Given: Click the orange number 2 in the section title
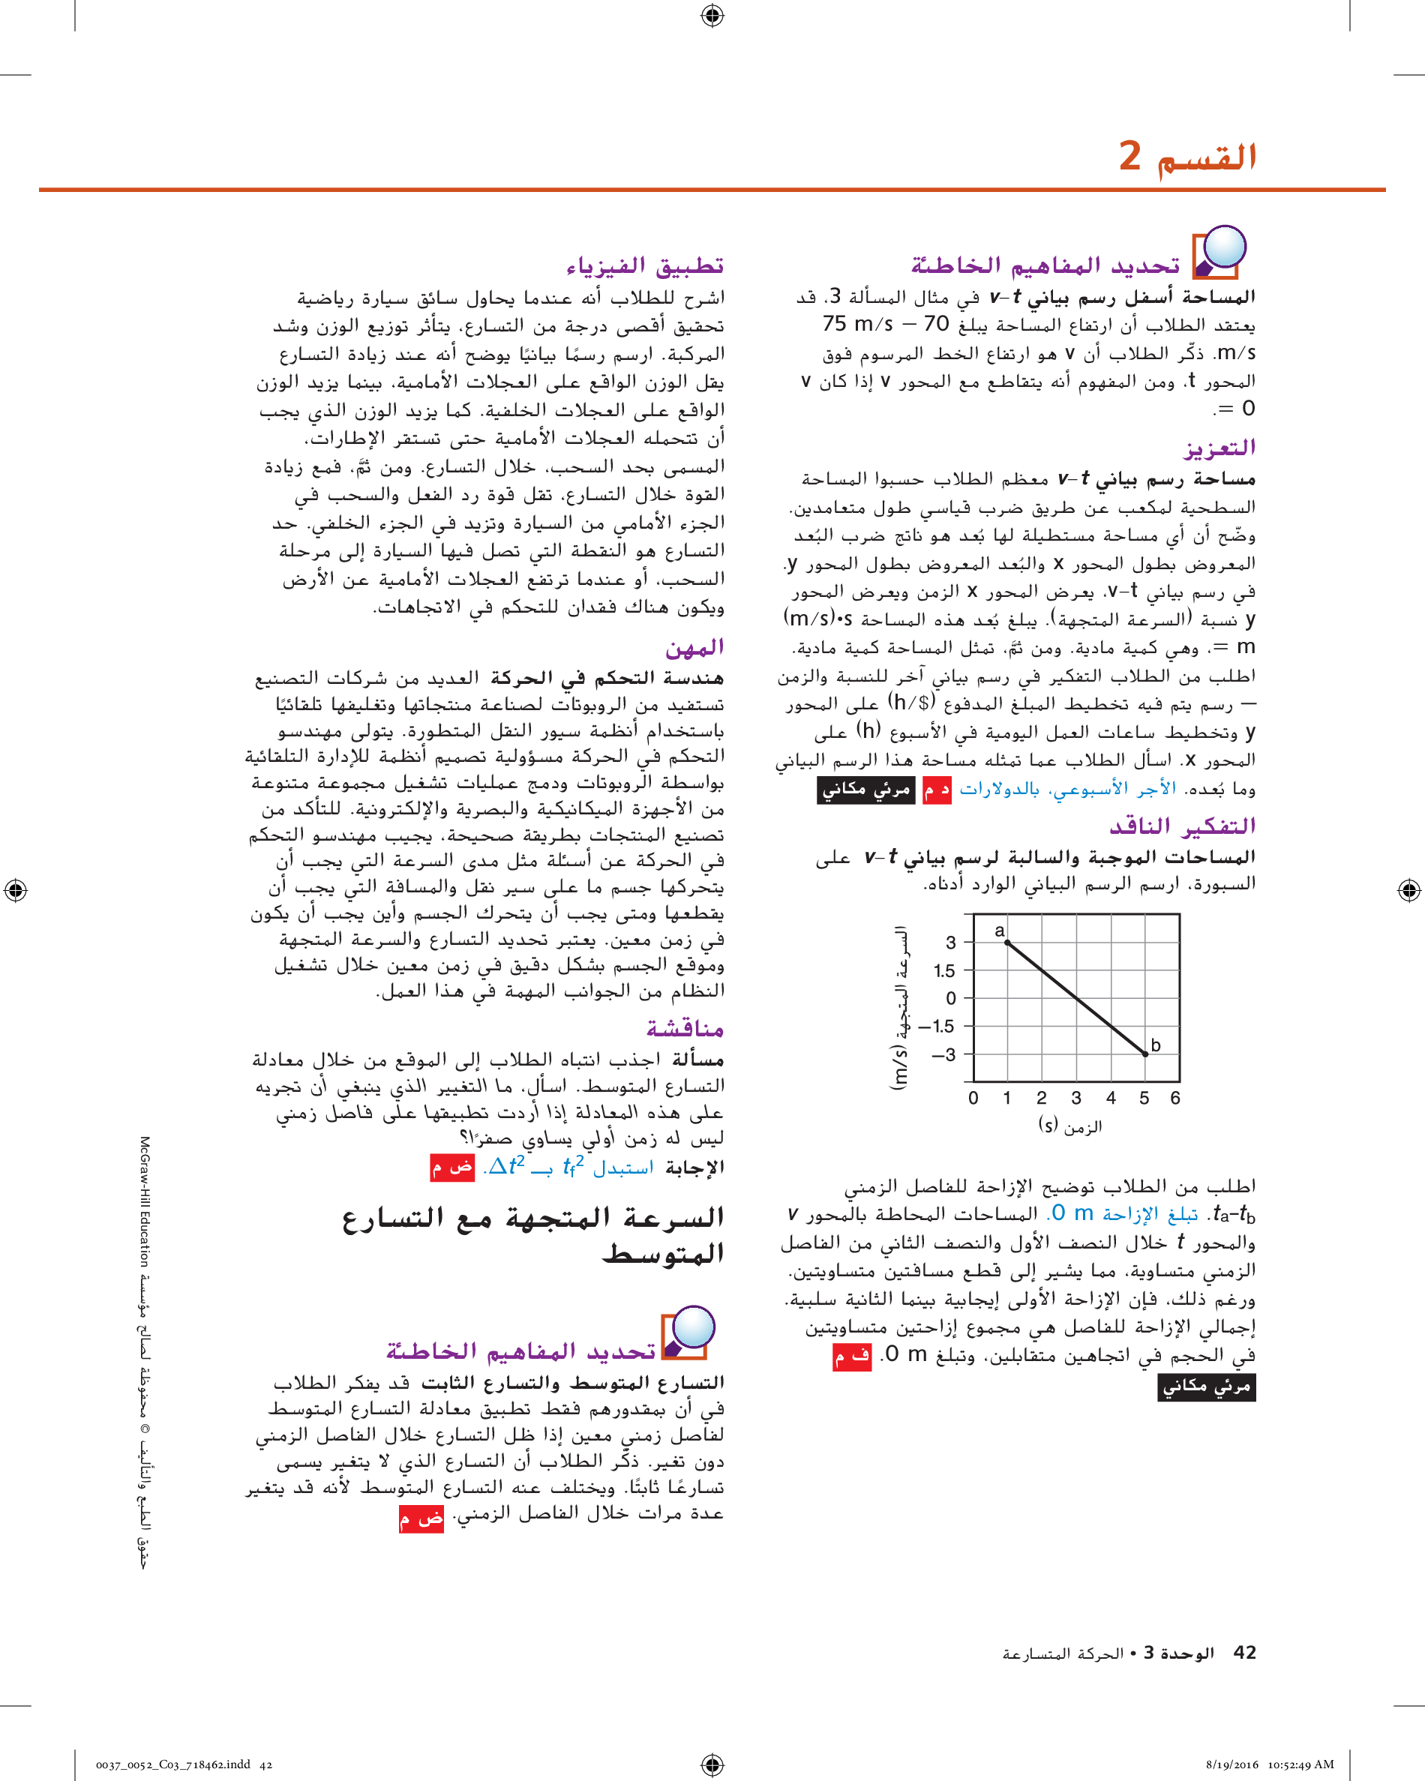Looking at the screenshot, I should coord(1129,155).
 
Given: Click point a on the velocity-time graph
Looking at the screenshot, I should coord(1007,943).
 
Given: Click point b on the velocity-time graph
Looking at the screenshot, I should coord(1145,1054).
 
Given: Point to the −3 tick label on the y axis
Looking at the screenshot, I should coord(943,1055).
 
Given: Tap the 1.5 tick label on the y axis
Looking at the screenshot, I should coord(944,970).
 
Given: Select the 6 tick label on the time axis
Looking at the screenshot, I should coord(1174,1098).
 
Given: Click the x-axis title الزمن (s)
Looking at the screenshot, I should coord(1069,1125).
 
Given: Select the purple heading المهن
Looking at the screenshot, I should coord(694,648).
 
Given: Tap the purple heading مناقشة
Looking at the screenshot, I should coord(685,1028).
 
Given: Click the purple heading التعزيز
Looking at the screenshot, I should coord(1219,448).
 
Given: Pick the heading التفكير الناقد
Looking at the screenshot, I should coord(1181,825).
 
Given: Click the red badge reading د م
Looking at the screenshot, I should coord(936,790).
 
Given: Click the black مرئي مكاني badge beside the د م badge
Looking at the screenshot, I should coord(865,790).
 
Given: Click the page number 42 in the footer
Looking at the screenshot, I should coord(1244,1651).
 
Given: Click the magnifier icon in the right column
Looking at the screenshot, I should coord(1219,251).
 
